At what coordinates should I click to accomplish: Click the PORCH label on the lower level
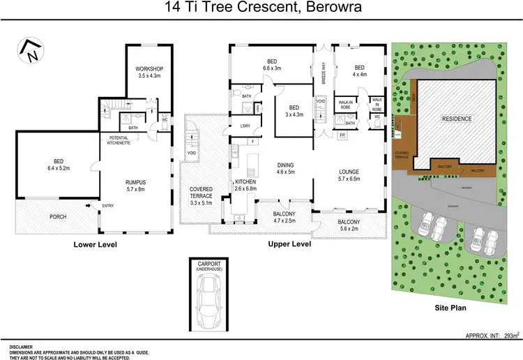58,217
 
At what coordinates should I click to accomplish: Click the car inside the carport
211,299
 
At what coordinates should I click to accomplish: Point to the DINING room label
287,167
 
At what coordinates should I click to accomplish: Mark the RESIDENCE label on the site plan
457,119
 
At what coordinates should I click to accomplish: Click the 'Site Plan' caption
450,306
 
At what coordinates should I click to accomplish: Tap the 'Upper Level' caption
289,245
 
